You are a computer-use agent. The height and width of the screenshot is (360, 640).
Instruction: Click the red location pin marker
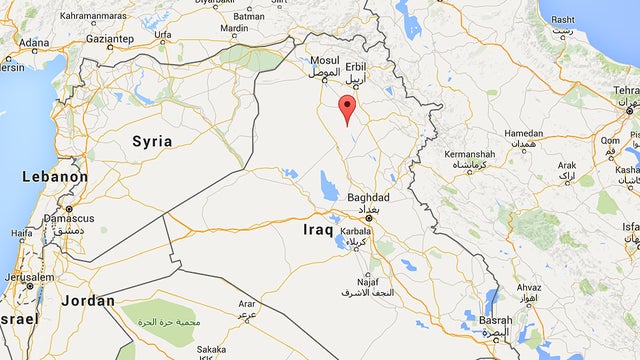coord(347,109)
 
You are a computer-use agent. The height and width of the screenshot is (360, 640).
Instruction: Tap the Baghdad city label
coord(368,198)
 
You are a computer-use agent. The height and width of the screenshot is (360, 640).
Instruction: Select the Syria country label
coord(152,141)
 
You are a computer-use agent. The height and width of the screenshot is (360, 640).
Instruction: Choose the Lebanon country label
coord(56,177)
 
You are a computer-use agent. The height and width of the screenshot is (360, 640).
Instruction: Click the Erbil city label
coord(355,66)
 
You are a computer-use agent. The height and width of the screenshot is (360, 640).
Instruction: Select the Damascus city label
coord(69,217)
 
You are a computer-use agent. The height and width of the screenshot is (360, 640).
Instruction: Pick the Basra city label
coord(495,323)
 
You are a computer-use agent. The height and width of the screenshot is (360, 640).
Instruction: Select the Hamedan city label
coord(524,133)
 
